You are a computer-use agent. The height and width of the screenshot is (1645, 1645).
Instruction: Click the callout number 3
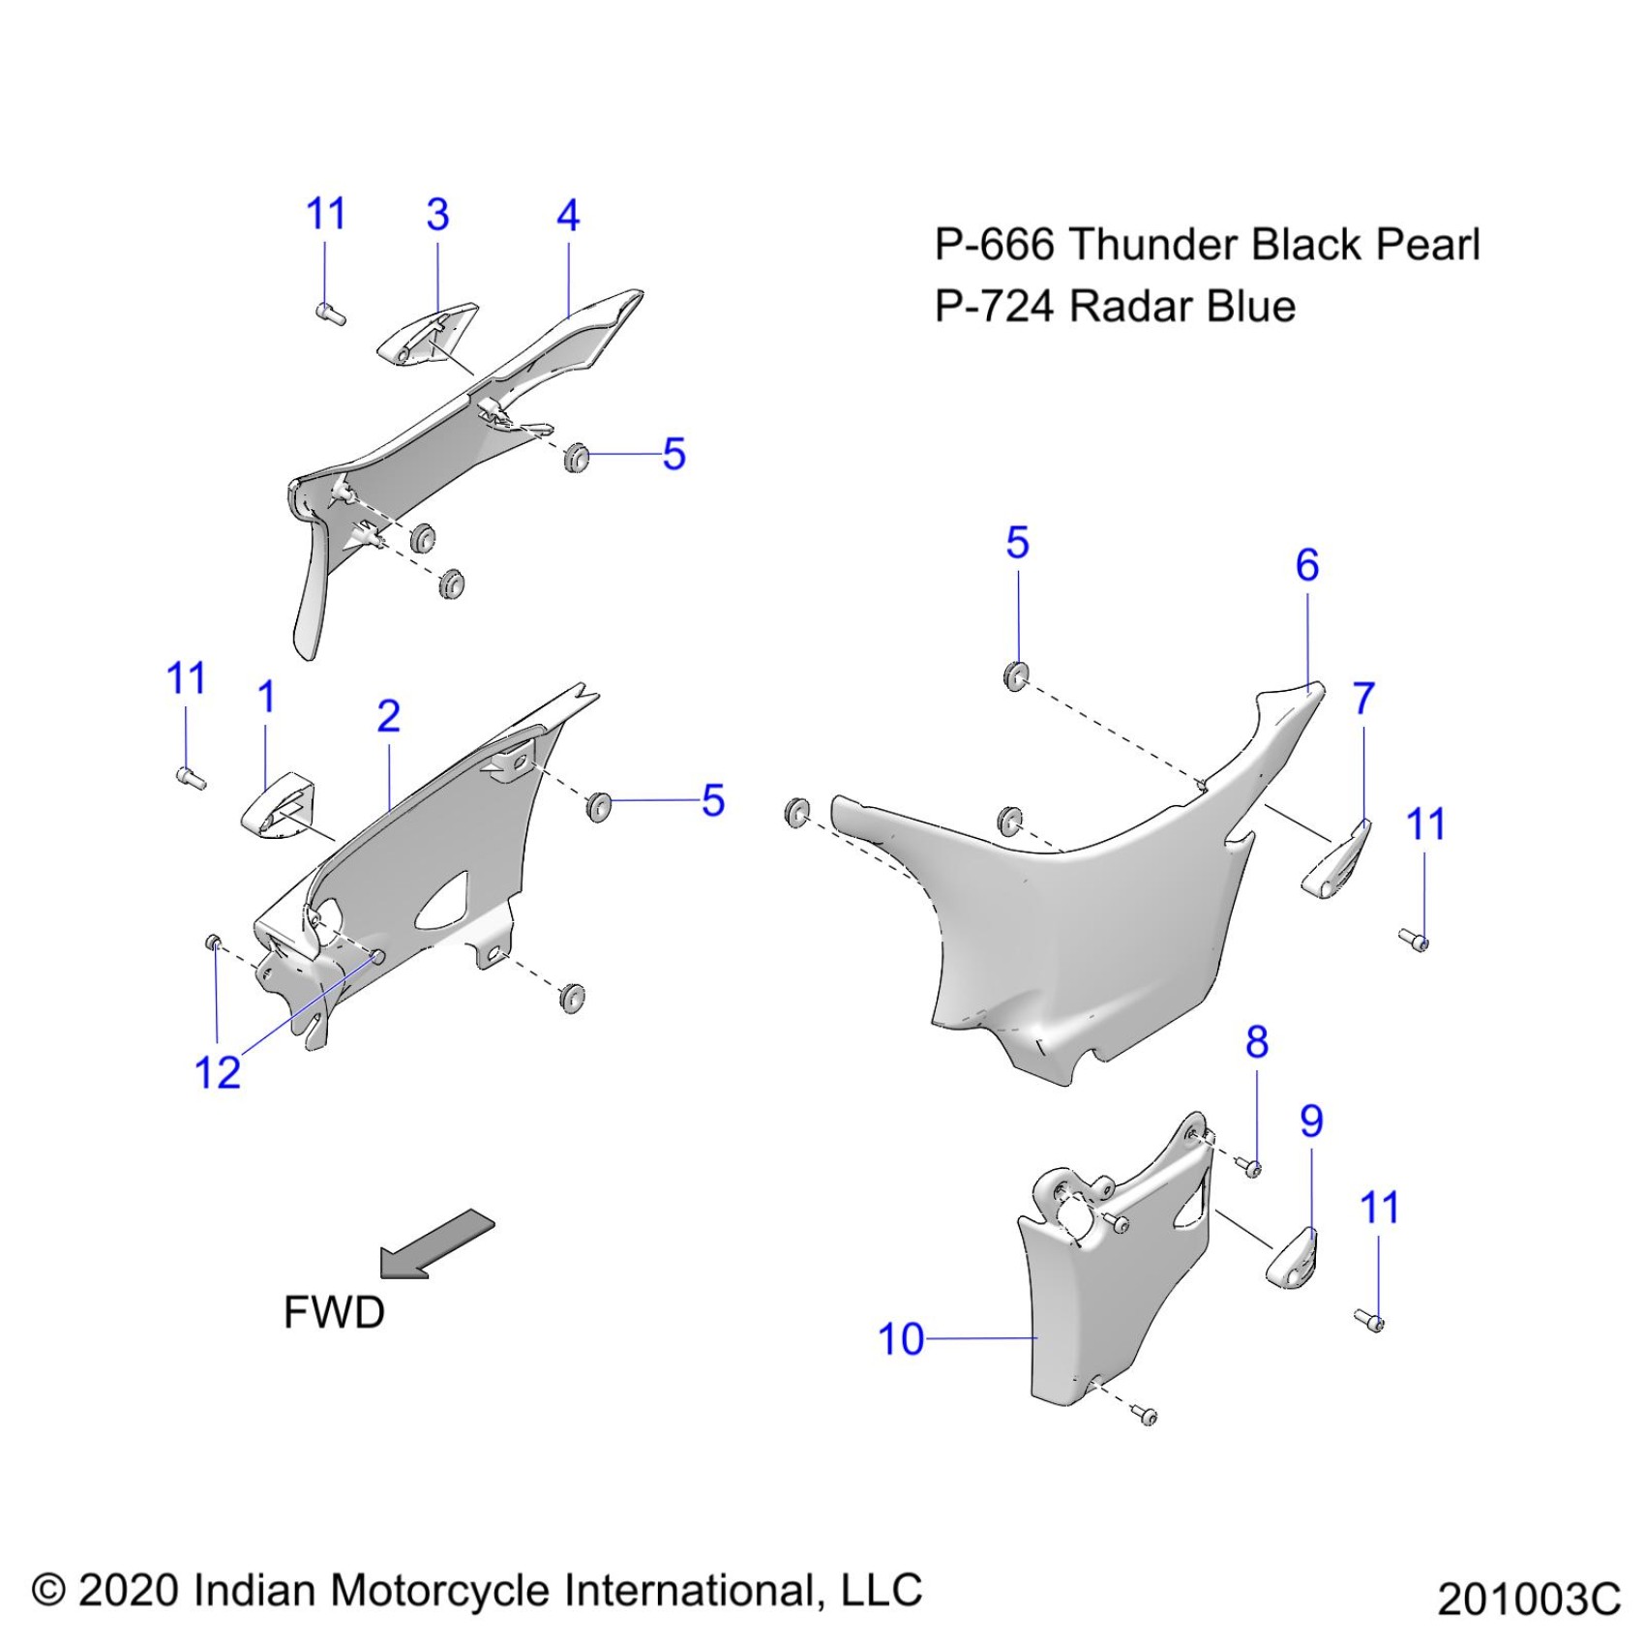(x=437, y=215)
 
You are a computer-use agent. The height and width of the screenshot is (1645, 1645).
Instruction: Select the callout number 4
(x=568, y=216)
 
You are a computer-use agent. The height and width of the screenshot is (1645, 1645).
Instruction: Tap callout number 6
(x=1307, y=565)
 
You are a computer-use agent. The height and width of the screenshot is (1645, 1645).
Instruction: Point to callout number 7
(x=1363, y=698)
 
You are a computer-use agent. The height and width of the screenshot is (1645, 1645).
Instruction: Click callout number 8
(x=1257, y=1042)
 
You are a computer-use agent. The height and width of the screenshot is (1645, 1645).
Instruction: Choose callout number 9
(x=1311, y=1121)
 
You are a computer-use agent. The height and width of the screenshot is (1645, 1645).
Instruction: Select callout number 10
(x=900, y=1339)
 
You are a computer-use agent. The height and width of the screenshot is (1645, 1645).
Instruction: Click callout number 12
(x=217, y=1072)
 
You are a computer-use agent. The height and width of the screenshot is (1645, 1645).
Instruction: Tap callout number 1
(x=267, y=697)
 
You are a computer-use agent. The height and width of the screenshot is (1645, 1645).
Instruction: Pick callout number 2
(x=388, y=716)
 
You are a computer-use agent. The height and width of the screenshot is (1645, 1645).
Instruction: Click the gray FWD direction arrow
(x=437, y=1244)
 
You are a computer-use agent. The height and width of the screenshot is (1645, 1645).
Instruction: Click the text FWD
(x=334, y=1312)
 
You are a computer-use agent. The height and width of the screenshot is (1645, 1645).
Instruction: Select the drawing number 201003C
(x=1528, y=1599)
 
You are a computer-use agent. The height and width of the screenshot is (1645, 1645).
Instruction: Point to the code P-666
(x=994, y=245)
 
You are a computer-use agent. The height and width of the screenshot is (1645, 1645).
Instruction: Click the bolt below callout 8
(x=1252, y=1169)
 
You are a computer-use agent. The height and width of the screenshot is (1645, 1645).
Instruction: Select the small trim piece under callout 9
(x=1292, y=1258)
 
